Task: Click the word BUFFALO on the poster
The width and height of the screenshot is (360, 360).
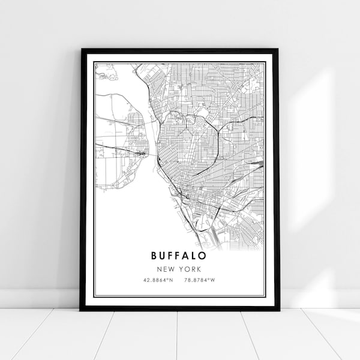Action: (x=180, y=256)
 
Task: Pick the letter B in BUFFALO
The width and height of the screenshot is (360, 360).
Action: (x=155, y=256)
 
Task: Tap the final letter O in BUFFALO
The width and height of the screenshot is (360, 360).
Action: (x=205, y=256)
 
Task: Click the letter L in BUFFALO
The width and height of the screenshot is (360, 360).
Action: (x=196, y=256)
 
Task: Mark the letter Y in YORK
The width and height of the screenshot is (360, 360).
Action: (x=182, y=269)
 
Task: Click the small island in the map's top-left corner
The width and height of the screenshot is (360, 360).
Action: (x=104, y=75)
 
